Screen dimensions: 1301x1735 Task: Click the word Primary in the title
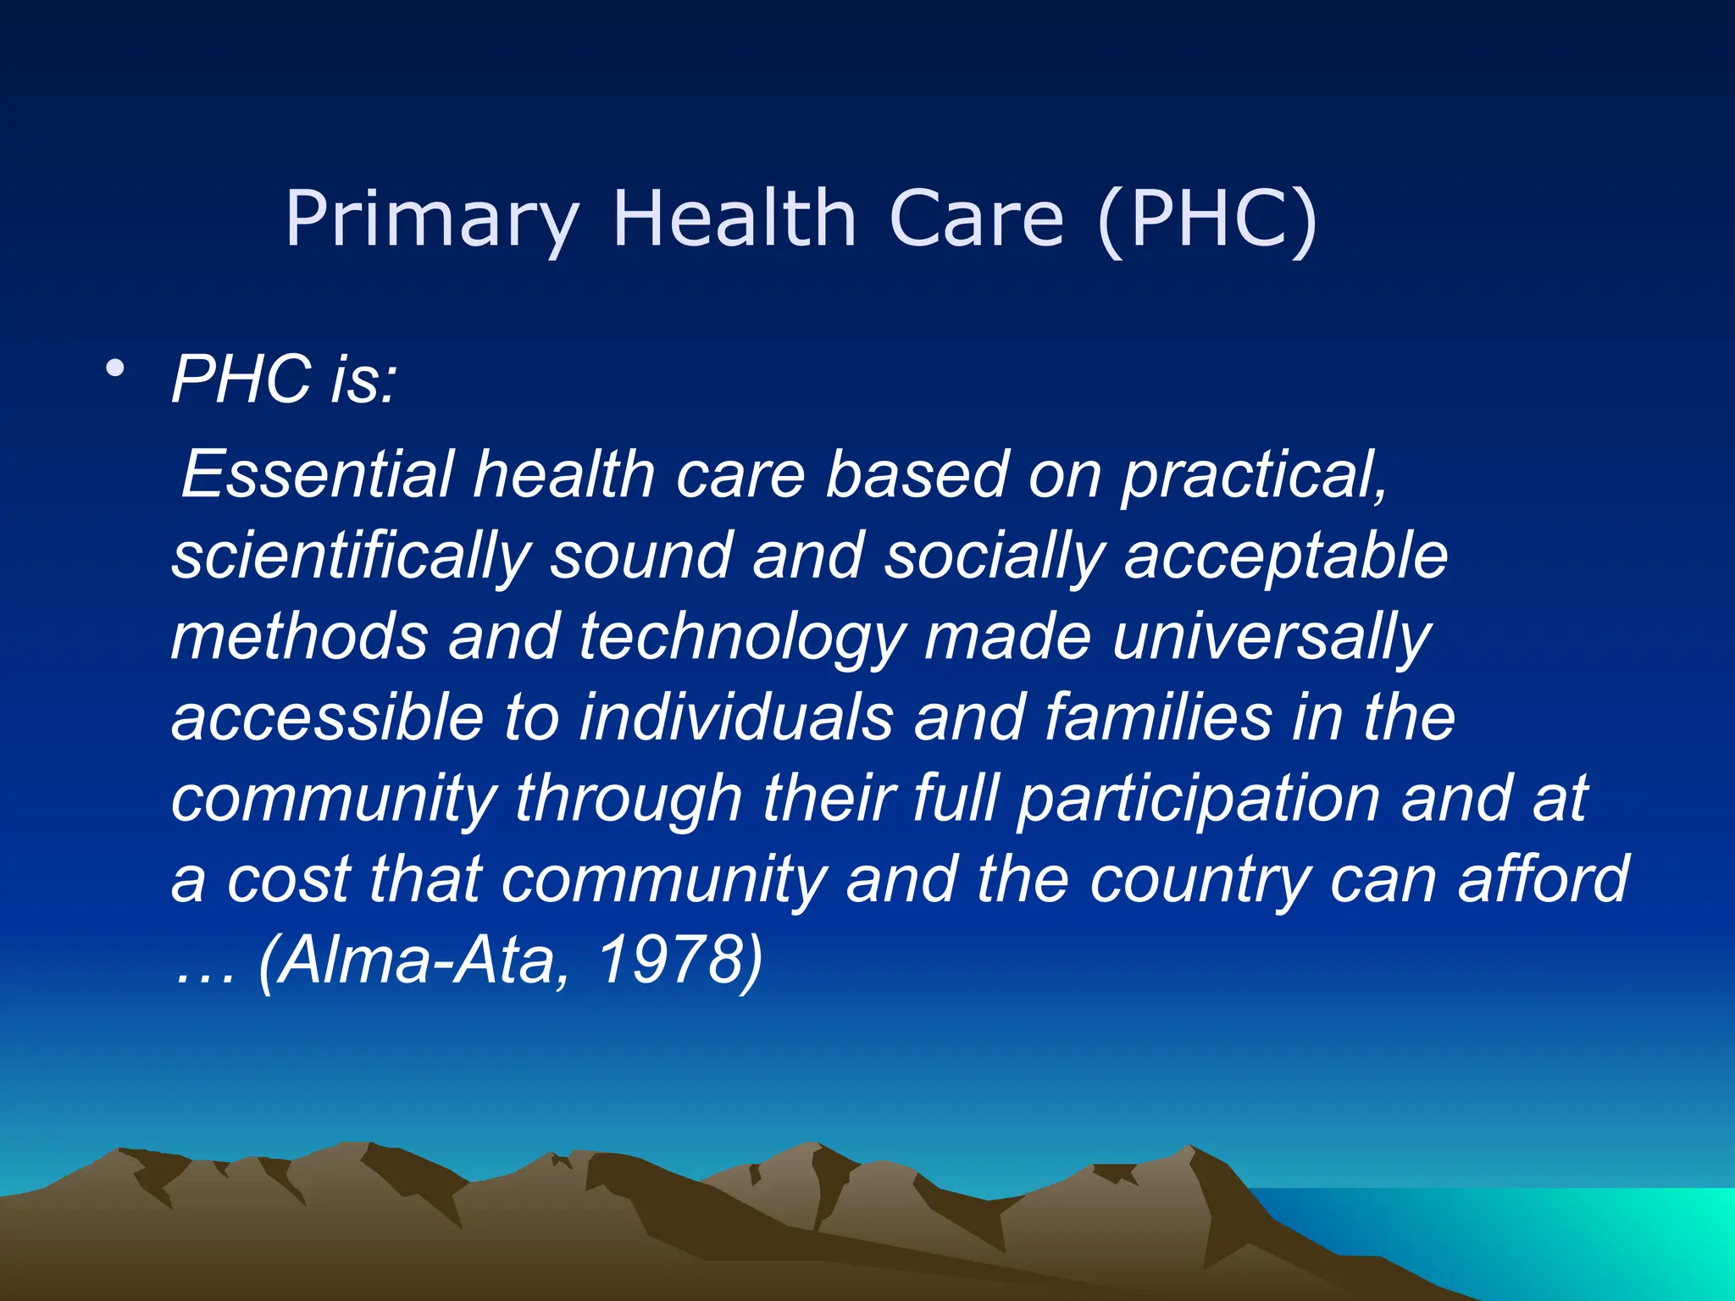(432, 220)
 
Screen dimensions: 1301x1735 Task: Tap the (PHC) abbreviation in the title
(1206, 220)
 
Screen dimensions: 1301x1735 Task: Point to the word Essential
(319, 473)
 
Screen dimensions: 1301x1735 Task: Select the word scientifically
(351, 557)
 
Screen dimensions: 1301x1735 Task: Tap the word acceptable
(1285, 557)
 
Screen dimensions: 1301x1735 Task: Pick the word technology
(742, 638)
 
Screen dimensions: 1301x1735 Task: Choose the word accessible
(327, 717)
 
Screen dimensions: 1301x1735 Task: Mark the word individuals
(736, 717)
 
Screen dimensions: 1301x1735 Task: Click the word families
(1158, 717)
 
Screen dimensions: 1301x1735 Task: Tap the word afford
(1543, 878)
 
